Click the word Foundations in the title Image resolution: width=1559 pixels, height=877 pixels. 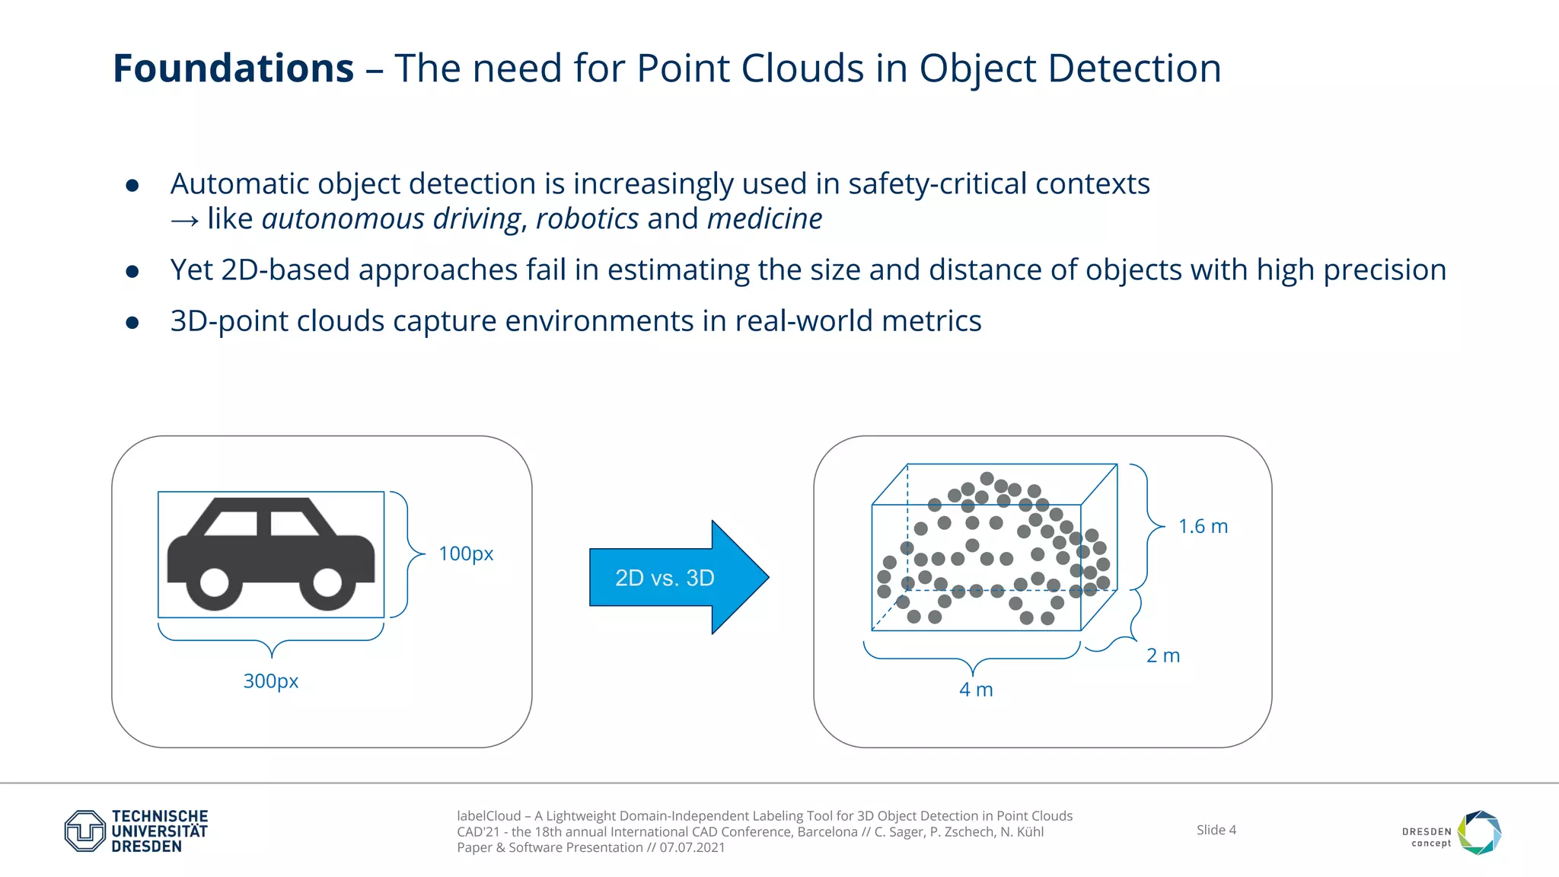[233, 69]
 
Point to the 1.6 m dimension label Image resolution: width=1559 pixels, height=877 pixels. [1203, 526]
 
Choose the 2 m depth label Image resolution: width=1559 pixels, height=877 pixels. [1162, 655]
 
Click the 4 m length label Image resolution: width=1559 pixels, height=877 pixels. [976, 690]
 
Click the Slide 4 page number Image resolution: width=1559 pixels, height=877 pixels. [1216, 830]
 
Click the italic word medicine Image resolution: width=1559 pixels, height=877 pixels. [764, 219]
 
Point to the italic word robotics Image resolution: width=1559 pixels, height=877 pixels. [587, 219]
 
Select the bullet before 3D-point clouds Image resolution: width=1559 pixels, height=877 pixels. [132, 324]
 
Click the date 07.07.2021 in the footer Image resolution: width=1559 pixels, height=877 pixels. [692, 848]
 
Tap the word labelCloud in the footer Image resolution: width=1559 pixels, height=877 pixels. [489, 816]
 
